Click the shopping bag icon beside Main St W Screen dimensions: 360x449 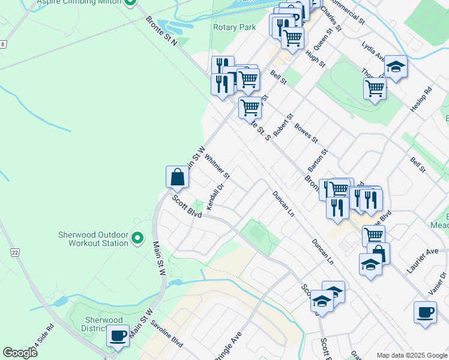click(x=177, y=177)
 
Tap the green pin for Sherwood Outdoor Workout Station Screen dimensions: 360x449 click(x=137, y=239)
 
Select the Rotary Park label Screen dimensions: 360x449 click(x=234, y=27)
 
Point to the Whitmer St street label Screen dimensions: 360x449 click(x=217, y=167)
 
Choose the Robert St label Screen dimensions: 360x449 click(x=282, y=124)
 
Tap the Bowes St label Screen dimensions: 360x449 click(x=306, y=133)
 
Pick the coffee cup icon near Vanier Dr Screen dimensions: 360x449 click(x=425, y=312)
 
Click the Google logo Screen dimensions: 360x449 click(x=20, y=352)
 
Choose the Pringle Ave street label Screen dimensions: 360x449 click(x=228, y=346)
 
